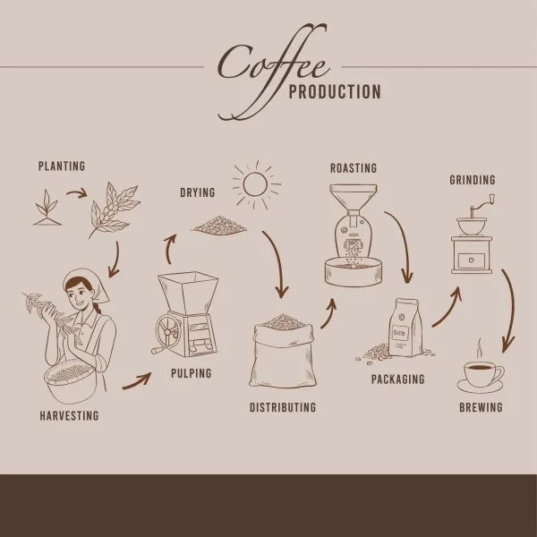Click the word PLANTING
click(62, 166)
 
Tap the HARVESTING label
click(69, 415)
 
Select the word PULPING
click(192, 373)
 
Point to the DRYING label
click(198, 192)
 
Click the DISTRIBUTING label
click(283, 407)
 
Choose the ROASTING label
click(354, 168)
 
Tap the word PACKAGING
click(398, 379)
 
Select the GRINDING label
click(473, 180)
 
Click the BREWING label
click(481, 407)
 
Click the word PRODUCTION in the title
click(335, 92)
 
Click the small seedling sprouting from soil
click(47, 208)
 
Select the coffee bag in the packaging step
click(405, 328)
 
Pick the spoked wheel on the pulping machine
click(168, 331)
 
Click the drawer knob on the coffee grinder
click(472, 260)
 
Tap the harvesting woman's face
click(77, 294)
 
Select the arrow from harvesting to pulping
click(137, 381)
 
